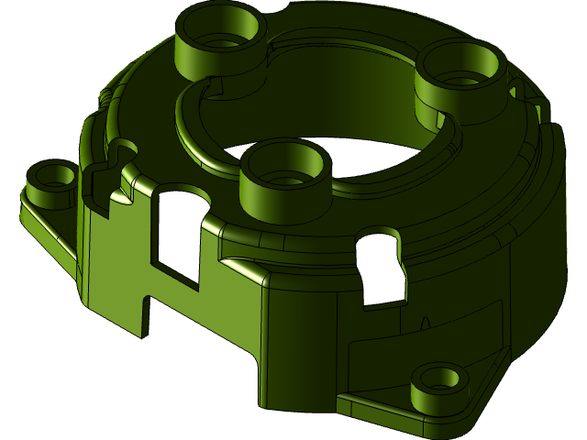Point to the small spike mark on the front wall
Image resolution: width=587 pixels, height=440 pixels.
425,322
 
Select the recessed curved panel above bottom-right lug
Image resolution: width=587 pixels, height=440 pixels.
422,344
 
